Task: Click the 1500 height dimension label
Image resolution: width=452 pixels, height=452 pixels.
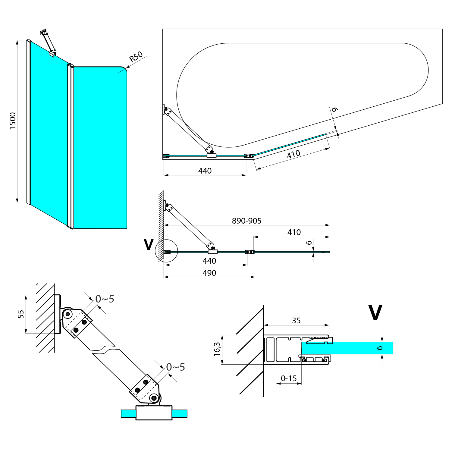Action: coord(13,121)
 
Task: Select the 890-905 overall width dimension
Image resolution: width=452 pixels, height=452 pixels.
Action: coord(246,221)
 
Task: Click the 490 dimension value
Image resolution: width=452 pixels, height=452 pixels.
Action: coord(209,273)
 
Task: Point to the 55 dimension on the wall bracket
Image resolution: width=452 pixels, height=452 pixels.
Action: coord(21,314)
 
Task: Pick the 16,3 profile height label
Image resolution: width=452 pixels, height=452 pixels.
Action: coord(217,349)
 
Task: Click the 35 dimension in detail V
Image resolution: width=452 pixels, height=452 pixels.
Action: coord(296,321)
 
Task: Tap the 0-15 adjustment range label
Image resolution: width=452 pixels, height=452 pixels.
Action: coord(289,378)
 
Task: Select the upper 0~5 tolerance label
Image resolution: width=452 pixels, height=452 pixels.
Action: coord(105,299)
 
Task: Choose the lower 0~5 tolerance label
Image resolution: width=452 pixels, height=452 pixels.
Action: coord(175,367)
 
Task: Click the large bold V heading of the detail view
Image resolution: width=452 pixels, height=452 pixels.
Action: coord(375,313)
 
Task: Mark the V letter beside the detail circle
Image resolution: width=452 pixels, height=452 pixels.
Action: coord(149,245)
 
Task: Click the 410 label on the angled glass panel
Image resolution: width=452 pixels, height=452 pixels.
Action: coord(293,154)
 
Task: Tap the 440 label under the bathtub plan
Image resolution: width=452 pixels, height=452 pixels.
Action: coord(205,171)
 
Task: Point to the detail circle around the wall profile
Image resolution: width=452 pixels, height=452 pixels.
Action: coord(166,251)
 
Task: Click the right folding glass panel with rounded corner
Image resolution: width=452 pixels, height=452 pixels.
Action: coord(100,148)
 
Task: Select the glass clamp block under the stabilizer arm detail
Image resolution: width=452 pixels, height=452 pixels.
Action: coord(154,413)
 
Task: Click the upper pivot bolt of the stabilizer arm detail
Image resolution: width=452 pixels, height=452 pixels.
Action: coord(67,314)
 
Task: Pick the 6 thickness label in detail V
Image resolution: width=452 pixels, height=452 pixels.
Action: coord(380,348)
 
